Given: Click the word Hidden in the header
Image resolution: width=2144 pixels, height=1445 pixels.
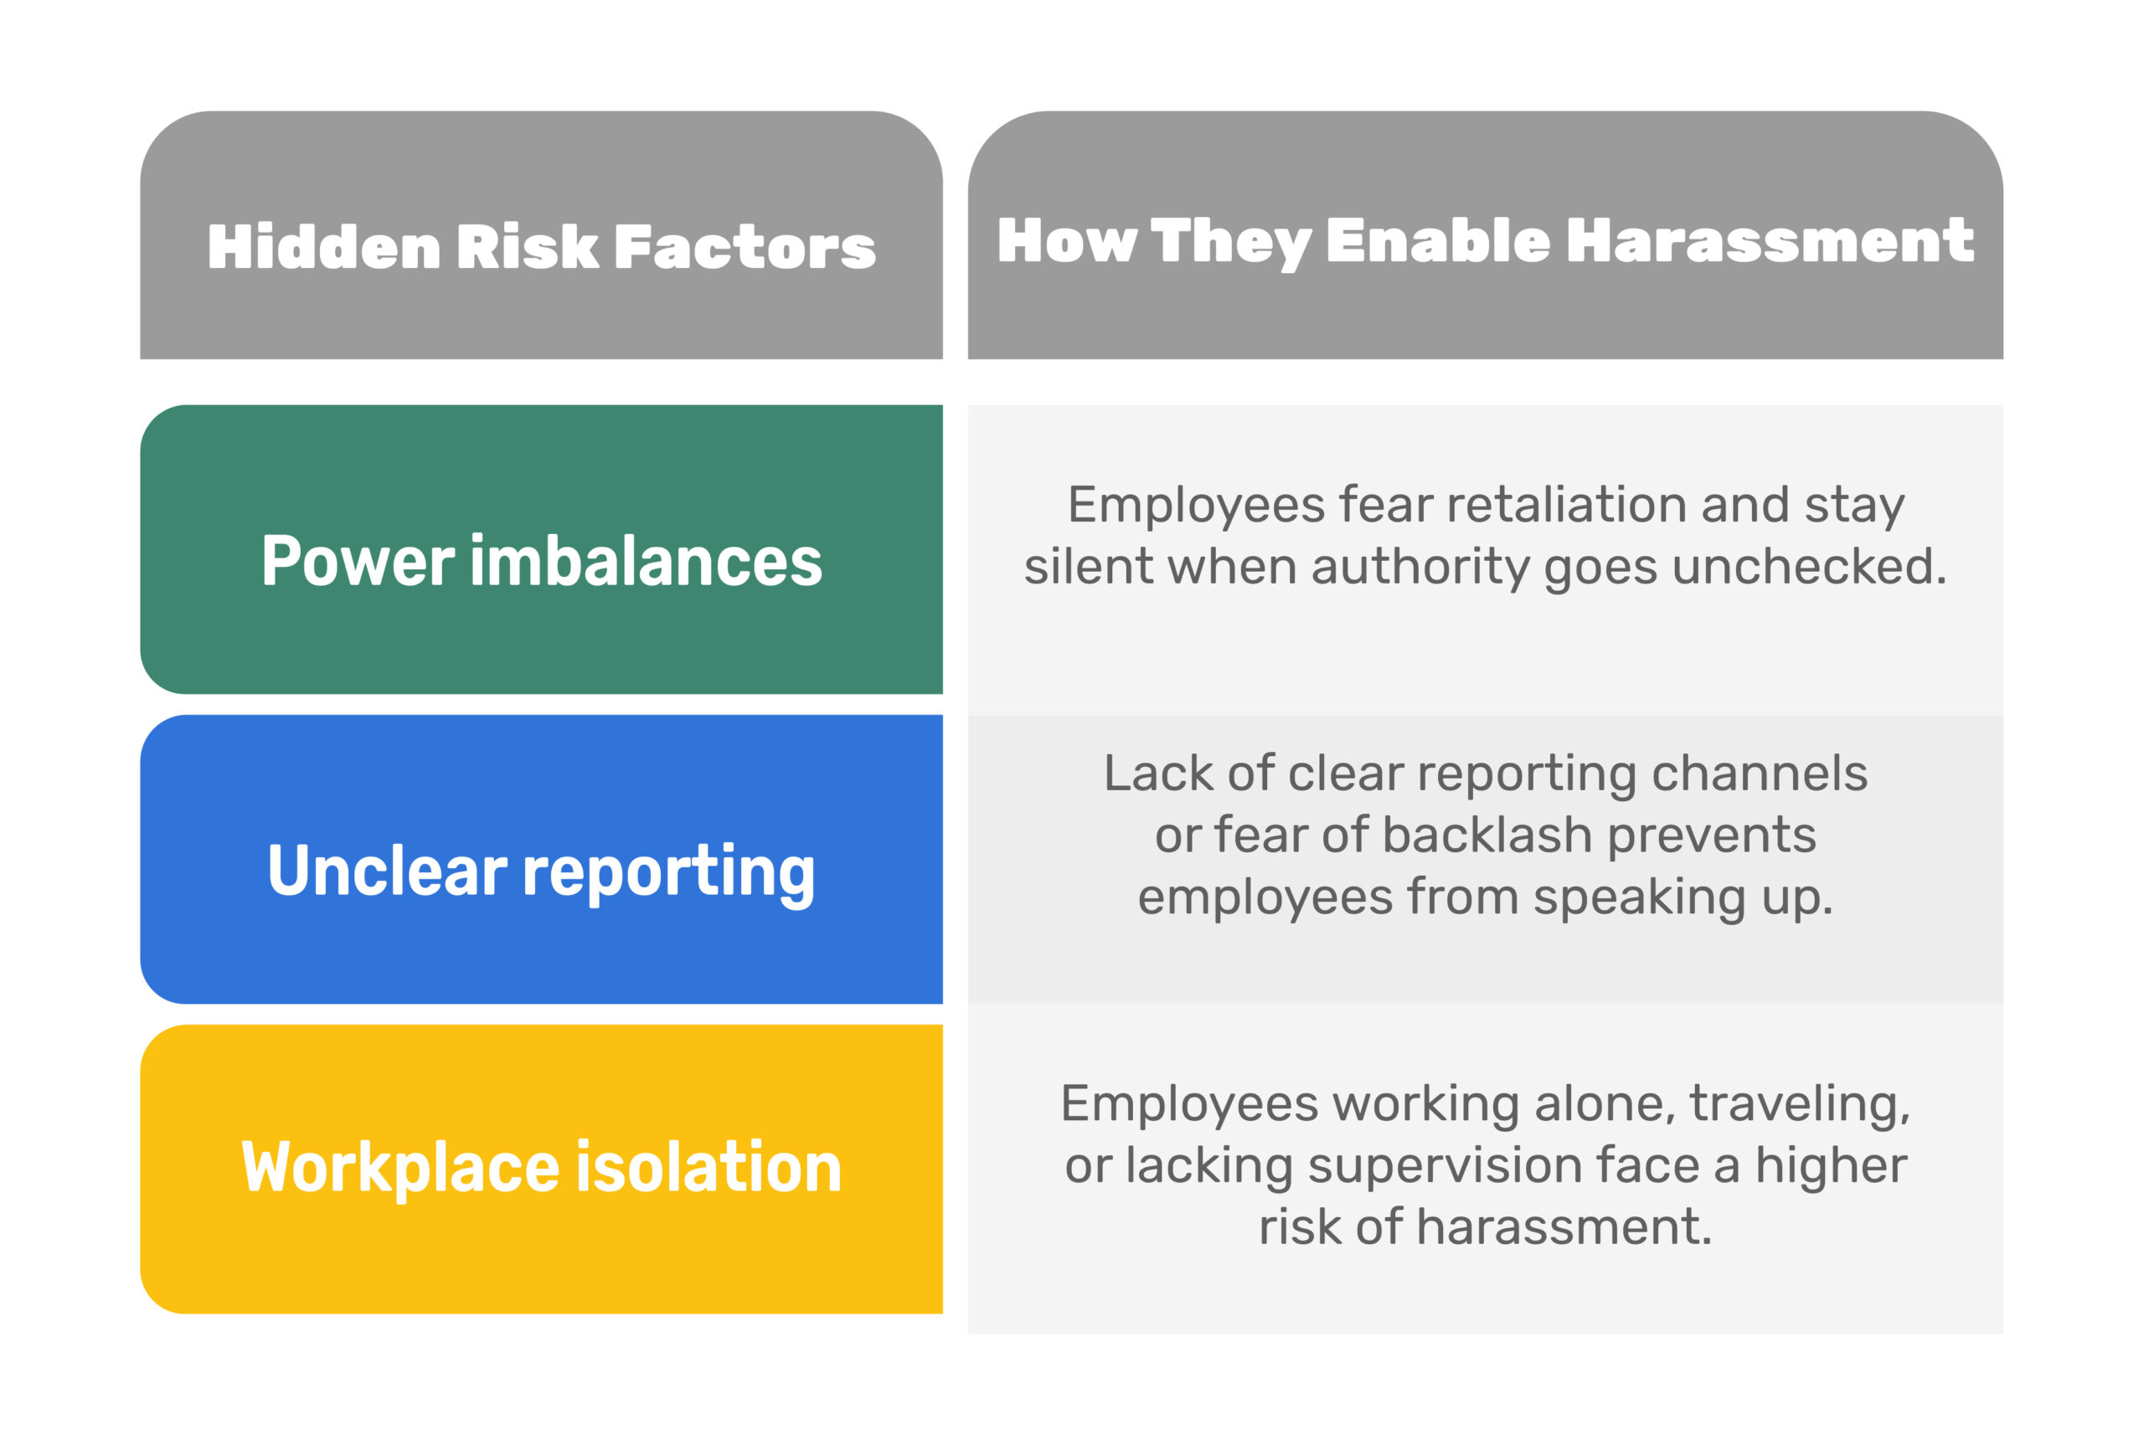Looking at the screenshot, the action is click(x=324, y=247).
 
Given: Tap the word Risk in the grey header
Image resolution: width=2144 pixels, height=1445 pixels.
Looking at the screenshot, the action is click(x=528, y=247).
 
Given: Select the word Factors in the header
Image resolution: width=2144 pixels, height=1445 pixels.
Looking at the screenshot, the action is click(x=745, y=247).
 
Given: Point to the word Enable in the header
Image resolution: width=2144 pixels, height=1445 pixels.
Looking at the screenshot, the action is click(x=1438, y=240).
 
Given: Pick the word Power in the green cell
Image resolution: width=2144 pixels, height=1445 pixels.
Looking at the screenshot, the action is click(x=358, y=561).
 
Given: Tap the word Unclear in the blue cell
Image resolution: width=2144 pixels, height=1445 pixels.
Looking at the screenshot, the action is click(x=387, y=871).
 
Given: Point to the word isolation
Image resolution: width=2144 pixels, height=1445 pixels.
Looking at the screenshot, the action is click(x=709, y=1167).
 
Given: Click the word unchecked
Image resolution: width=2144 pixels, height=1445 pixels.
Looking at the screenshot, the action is click(x=1811, y=566).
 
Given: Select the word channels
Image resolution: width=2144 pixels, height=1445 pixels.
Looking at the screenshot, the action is click(x=1760, y=774).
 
